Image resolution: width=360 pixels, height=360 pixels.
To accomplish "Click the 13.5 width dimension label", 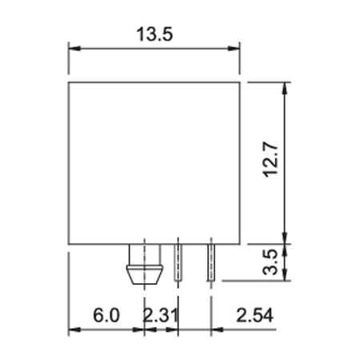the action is click(154, 34).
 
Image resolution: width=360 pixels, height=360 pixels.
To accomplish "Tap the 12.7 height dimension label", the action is click(270, 160).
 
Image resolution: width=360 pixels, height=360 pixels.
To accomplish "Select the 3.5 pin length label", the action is click(270, 262).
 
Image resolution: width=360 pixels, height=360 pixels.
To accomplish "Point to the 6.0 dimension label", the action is click(106, 315).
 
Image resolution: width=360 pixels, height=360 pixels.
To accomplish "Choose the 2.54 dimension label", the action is click(254, 315).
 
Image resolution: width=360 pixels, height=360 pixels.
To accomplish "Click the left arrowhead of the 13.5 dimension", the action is click(74, 49).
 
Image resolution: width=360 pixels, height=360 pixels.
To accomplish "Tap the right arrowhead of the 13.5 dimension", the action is click(234, 49).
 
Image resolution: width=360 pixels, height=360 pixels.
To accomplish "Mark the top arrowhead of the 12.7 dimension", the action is click(285, 89).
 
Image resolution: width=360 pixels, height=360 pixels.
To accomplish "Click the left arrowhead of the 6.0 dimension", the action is click(74, 330).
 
